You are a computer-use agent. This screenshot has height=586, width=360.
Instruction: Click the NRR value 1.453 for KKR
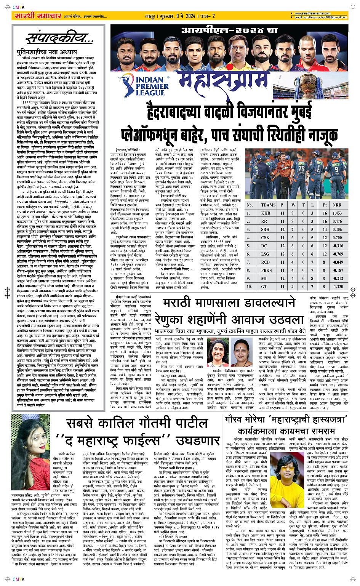337,213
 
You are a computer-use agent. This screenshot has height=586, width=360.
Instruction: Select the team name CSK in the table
266,238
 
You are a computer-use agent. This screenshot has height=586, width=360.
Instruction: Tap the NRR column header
337,205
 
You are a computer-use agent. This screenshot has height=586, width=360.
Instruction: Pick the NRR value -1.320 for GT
337,287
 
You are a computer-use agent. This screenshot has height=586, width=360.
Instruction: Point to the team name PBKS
266,270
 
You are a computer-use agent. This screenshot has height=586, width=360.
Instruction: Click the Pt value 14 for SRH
325,230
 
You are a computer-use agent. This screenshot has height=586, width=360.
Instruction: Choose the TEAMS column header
268,205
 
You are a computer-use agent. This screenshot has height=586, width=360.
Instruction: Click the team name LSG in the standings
265,254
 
